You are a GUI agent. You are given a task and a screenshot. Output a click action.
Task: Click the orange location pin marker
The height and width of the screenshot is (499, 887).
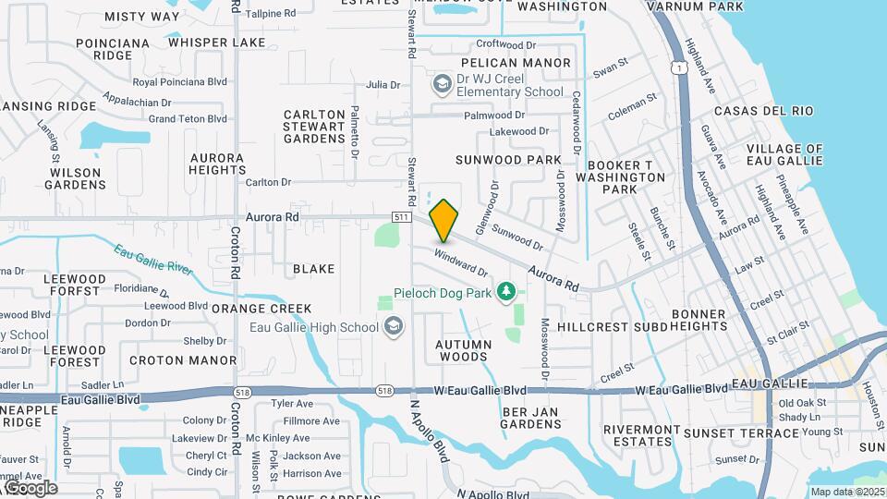(x=444, y=220)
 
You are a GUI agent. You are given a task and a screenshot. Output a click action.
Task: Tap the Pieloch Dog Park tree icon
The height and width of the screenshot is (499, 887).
(x=505, y=293)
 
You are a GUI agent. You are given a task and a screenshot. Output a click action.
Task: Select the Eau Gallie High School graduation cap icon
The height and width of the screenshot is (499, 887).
(x=394, y=326)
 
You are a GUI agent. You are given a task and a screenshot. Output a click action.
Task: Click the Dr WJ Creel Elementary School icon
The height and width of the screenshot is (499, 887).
(x=442, y=85)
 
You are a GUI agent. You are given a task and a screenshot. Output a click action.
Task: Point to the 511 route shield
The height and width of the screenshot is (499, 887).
(x=400, y=217)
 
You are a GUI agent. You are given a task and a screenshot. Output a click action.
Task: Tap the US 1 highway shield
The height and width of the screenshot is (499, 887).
(x=680, y=67)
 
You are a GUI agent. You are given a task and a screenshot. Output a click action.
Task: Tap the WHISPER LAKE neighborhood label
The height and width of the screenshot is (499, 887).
(x=216, y=43)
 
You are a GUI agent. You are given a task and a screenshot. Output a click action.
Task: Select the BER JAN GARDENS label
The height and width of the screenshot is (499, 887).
(x=532, y=417)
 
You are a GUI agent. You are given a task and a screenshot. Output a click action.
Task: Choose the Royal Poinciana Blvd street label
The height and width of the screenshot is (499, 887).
(x=179, y=81)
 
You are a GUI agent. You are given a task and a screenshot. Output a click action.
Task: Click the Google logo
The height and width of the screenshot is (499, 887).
(x=30, y=488)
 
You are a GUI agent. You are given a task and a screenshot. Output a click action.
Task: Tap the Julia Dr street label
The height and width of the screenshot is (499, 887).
(x=383, y=84)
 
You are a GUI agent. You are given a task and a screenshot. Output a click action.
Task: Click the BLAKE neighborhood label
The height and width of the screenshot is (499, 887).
(x=313, y=269)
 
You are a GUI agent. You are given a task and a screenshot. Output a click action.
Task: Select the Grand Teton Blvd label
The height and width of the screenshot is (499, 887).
(x=188, y=118)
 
